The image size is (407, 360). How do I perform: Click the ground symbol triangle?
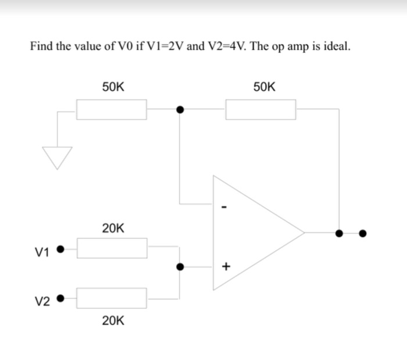pos(57,155)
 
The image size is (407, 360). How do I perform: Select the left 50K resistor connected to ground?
pos(112,109)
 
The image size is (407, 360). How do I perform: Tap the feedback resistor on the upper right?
pos(260,109)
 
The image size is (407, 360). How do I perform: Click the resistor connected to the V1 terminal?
pos(112,249)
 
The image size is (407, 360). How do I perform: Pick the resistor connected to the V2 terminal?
pos(112,298)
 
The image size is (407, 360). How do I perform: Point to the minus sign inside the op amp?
pos(226,207)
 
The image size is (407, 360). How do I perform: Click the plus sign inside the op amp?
pos(226,267)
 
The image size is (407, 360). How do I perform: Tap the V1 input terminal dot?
pos(60,250)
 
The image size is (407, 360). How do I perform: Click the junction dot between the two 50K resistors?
pos(180,109)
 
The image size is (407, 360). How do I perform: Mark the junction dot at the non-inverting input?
pos(180,267)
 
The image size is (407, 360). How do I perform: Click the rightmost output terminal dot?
pos(363,233)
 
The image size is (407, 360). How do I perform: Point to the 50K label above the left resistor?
pos(112,87)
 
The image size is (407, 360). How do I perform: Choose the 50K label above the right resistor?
pos(265,87)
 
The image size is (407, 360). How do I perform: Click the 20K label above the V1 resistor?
pos(112,228)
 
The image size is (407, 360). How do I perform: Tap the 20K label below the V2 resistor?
pos(112,320)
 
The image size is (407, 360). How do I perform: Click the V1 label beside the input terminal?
pos(42,252)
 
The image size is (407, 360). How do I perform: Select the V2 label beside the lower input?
pos(42,301)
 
